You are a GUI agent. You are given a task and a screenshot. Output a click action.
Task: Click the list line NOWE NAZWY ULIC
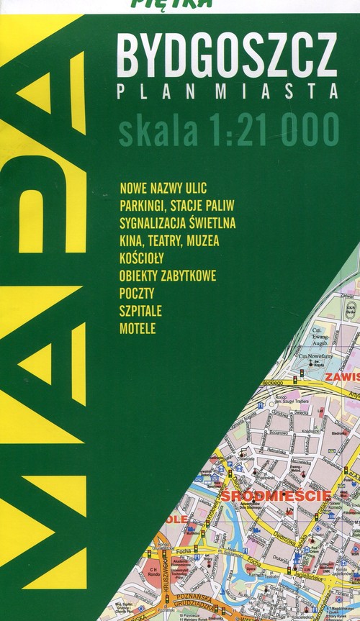tap(164, 189)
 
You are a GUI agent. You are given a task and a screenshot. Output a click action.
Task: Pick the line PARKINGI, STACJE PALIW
tap(174, 206)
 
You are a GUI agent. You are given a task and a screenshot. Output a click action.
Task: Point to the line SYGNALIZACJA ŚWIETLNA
tap(178, 222)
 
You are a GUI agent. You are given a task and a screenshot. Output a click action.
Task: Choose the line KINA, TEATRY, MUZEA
tap(170, 240)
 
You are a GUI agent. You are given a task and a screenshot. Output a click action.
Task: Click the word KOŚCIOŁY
tap(143, 258)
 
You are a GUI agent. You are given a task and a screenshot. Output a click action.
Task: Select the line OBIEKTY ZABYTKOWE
tap(168, 276)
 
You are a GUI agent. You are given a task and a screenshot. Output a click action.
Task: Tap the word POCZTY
tap(138, 293)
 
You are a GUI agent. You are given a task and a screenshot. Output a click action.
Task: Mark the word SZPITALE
tap(142, 311)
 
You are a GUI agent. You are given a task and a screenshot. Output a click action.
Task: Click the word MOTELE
tap(138, 329)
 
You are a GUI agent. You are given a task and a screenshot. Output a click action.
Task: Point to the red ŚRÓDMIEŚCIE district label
tap(276, 496)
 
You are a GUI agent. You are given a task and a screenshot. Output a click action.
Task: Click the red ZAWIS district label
tap(341, 376)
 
